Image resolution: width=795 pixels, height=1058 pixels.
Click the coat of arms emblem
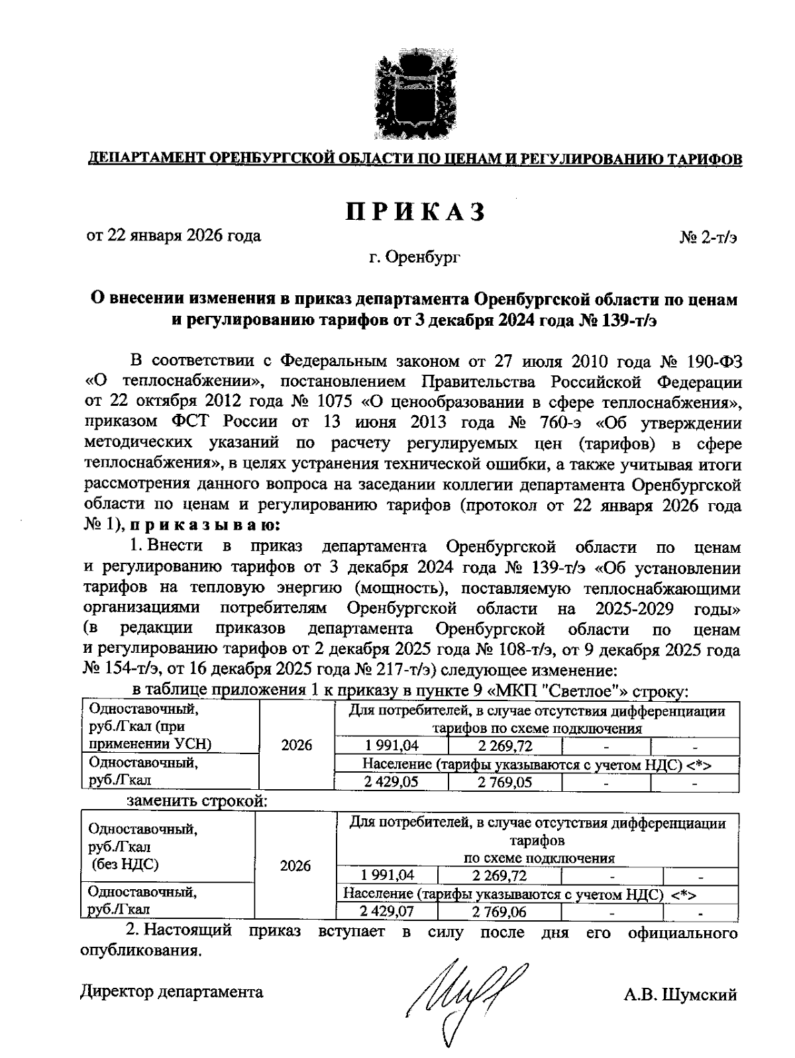tap(415, 97)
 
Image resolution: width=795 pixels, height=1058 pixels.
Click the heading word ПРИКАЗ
tap(415, 211)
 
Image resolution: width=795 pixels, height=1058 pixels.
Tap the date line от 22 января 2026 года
tap(174, 236)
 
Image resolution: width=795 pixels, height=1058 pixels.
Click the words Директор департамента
tap(172, 991)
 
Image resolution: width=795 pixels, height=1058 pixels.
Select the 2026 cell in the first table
tap(297, 745)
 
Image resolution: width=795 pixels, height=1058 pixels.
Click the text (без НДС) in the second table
tap(125, 863)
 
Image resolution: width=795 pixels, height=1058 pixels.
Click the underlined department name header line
tap(415, 160)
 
